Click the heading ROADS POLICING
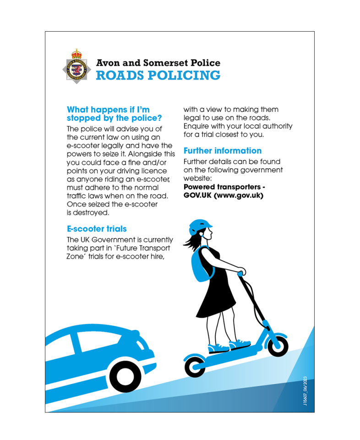point(158,76)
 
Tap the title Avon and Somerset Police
point(158,63)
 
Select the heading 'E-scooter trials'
point(97,229)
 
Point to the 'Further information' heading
point(223,151)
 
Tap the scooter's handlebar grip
point(240,273)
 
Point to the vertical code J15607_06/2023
point(305,389)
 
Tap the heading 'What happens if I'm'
point(108,110)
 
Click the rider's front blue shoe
point(239,343)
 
